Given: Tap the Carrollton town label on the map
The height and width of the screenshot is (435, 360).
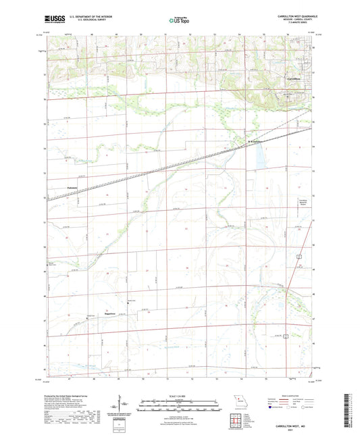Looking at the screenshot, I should point(292,79).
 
